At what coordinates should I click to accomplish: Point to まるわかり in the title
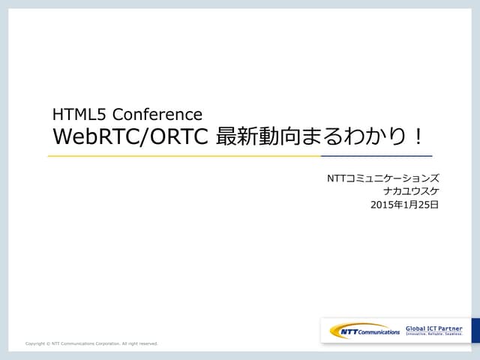(356, 138)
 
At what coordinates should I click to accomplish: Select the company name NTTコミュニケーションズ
(382, 178)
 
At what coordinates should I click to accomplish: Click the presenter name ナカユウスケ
(410, 190)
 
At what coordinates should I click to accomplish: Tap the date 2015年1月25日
(404, 203)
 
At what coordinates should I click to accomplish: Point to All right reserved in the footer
(139, 343)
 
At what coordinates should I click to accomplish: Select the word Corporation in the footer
(106, 343)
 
